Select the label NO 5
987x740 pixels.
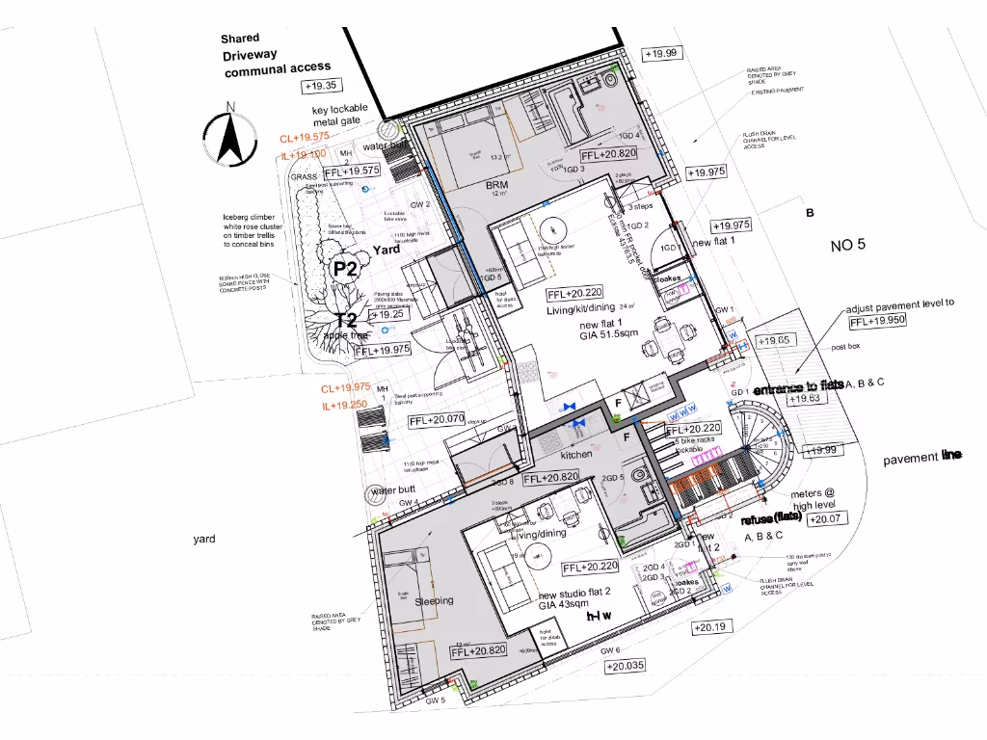click(847, 245)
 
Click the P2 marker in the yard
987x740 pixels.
click(345, 269)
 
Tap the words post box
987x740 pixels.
click(845, 346)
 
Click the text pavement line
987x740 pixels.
click(922, 458)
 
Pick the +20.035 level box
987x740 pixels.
click(626, 666)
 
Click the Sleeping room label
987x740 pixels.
click(434, 601)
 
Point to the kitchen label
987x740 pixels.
click(576, 454)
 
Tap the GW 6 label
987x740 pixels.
click(611, 650)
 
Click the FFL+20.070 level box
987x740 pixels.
click(437, 420)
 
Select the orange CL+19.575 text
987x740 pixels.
click(305, 138)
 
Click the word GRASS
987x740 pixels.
click(304, 177)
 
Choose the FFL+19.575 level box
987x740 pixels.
click(352, 171)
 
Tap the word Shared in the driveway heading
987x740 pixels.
click(239, 39)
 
